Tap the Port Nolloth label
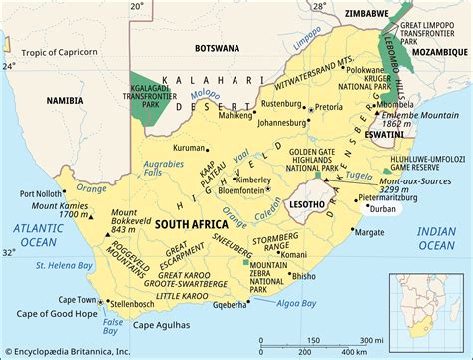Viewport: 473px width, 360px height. (x=39, y=193)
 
